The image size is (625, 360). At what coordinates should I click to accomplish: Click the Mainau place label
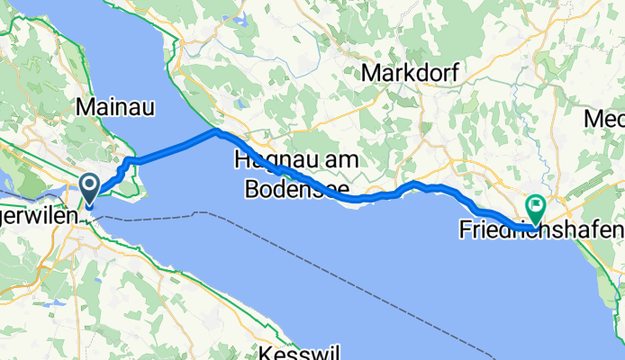pos(116,107)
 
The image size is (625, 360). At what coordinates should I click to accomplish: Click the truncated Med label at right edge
pos(604,118)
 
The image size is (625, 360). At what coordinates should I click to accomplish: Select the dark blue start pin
pos(91,187)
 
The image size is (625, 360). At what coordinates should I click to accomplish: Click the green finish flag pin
pos(536,209)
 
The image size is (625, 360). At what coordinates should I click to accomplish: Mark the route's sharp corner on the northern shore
pos(216,131)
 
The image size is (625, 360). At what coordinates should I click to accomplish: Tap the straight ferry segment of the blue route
pos(176,147)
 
